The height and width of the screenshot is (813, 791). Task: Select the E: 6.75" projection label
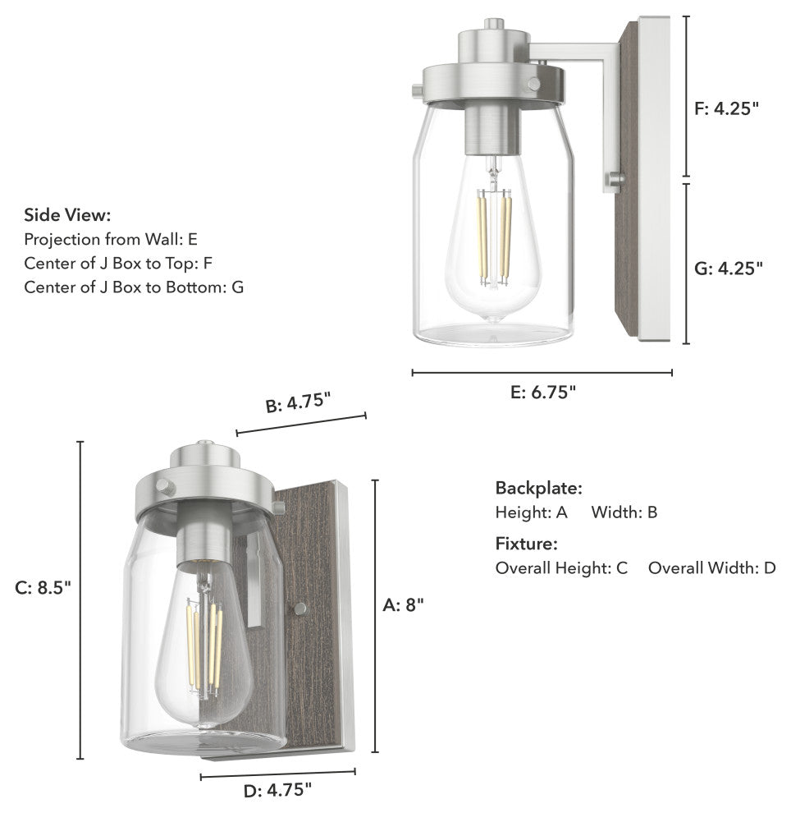click(x=542, y=393)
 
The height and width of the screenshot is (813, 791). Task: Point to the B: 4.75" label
click(x=298, y=402)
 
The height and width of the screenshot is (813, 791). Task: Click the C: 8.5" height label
click(x=43, y=588)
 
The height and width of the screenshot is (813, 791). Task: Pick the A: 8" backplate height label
click(x=404, y=605)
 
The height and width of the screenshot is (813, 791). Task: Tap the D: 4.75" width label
click(x=278, y=791)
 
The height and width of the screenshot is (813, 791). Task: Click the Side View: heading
click(x=67, y=215)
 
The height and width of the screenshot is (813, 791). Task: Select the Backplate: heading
click(x=538, y=488)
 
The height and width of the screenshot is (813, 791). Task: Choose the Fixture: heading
click(x=527, y=544)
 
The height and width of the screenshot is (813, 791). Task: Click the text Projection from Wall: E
click(x=111, y=240)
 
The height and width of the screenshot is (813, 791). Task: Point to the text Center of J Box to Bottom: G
click(x=134, y=287)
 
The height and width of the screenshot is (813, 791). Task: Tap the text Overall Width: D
click(x=711, y=568)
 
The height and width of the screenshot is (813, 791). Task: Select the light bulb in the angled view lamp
click(x=203, y=649)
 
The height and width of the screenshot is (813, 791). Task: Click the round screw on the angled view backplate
click(x=300, y=609)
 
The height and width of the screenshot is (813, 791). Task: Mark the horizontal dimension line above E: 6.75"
click(x=542, y=373)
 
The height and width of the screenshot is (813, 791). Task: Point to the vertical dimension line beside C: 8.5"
click(x=80, y=599)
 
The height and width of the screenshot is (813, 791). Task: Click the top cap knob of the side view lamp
click(x=493, y=25)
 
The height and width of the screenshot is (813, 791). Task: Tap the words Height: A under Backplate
click(x=531, y=513)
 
